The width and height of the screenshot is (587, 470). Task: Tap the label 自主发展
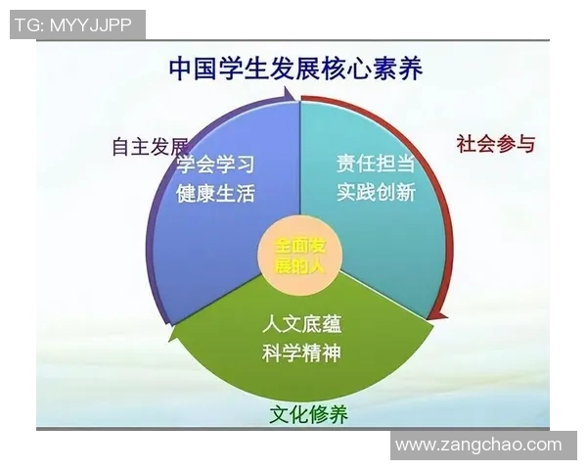pyautogui.click(x=150, y=146)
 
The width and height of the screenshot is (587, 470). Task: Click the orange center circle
pyautogui.click(x=297, y=254)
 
